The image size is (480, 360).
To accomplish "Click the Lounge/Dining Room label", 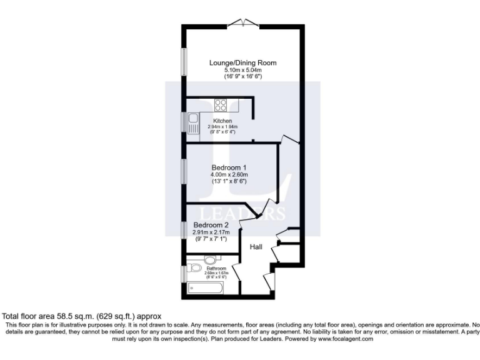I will (x=242, y=63).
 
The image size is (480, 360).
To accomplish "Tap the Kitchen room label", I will (x=222, y=121).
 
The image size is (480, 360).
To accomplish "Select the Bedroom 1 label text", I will (x=229, y=167).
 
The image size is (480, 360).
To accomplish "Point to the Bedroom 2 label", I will (x=211, y=225).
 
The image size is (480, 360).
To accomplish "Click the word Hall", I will (x=256, y=247).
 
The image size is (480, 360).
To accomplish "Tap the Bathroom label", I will (x=216, y=268).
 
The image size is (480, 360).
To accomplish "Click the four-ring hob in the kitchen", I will (x=221, y=105).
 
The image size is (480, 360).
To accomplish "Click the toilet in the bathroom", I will (x=195, y=269).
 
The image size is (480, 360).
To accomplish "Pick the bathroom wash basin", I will (x=211, y=259).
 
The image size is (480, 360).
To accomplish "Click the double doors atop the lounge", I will (x=243, y=23).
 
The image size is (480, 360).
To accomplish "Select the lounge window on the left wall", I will (x=184, y=63).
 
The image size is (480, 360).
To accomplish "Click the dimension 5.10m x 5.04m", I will (x=242, y=70).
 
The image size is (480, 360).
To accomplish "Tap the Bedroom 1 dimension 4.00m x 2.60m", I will (x=229, y=174).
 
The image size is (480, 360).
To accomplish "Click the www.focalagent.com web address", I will (x=346, y=338).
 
